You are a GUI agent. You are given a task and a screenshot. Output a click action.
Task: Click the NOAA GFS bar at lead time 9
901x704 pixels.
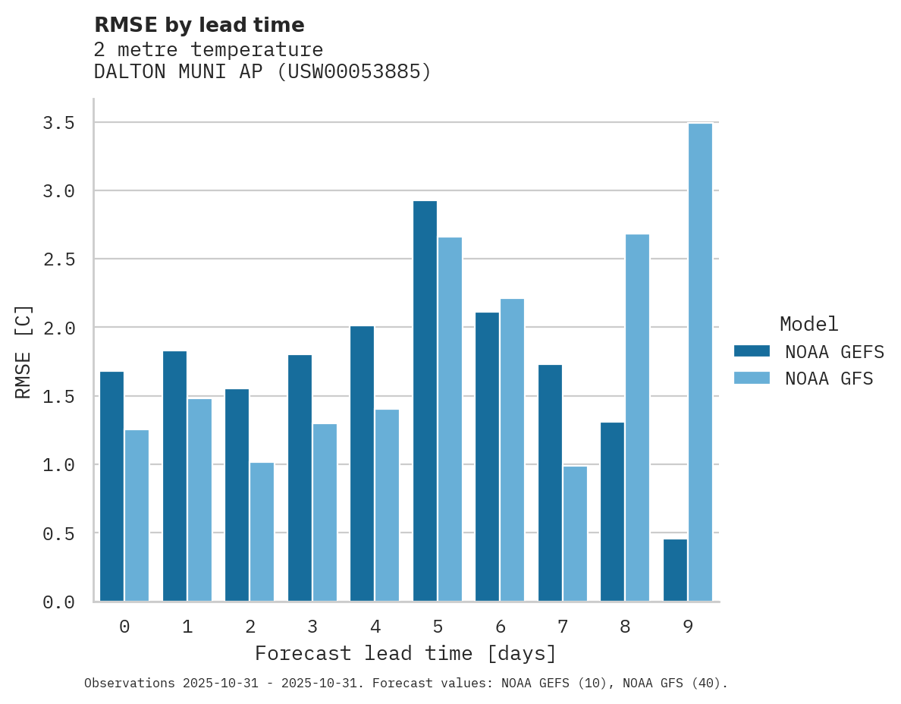click(700, 362)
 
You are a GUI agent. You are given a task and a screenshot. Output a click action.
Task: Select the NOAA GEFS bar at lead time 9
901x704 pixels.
click(675, 570)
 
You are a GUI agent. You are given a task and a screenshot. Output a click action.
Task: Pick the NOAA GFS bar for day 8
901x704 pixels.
click(637, 417)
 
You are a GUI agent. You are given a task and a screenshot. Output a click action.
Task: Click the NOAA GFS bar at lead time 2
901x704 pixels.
click(262, 532)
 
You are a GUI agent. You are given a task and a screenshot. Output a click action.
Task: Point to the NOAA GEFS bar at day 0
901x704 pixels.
click(111, 486)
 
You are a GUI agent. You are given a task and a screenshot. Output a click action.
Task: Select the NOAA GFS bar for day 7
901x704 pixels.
click(575, 533)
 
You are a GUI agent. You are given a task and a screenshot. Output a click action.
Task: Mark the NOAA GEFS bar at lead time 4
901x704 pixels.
click(362, 464)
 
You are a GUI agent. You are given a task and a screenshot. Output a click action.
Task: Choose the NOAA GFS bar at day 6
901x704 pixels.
click(512, 450)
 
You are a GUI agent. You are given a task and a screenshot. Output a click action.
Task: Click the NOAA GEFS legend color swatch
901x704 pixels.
click(752, 351)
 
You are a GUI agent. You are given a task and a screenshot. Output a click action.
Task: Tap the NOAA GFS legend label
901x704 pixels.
click(829, 379)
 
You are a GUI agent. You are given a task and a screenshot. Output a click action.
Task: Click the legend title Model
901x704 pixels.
click(808, 325)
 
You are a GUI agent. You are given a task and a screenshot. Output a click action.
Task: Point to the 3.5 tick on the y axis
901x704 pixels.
click(58, 123)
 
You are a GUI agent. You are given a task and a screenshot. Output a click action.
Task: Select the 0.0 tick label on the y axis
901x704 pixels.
click(58, 602)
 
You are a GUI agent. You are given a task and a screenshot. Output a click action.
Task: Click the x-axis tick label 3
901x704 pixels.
click(312, 627)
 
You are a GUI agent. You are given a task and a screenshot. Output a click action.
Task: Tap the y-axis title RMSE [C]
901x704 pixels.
click(24, 351)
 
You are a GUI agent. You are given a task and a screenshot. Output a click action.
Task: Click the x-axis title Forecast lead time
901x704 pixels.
click(406, 653)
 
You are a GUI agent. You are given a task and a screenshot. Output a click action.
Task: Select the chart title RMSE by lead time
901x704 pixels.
click(199, 25)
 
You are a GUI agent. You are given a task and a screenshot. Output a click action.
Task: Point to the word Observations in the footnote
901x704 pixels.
click(129, 684)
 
